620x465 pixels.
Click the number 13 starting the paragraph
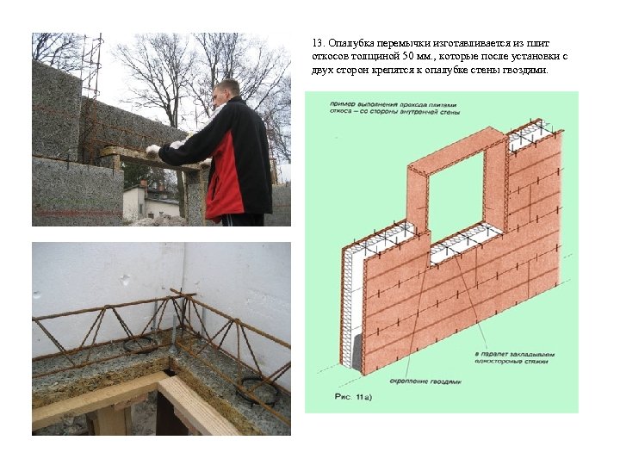tap(318, 43)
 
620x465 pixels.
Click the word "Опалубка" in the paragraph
tap(348, 43)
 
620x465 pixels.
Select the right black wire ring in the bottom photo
tap(258, 391)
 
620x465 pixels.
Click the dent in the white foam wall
tap(127, 280)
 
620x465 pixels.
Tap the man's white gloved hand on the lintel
tap(152, 149)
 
